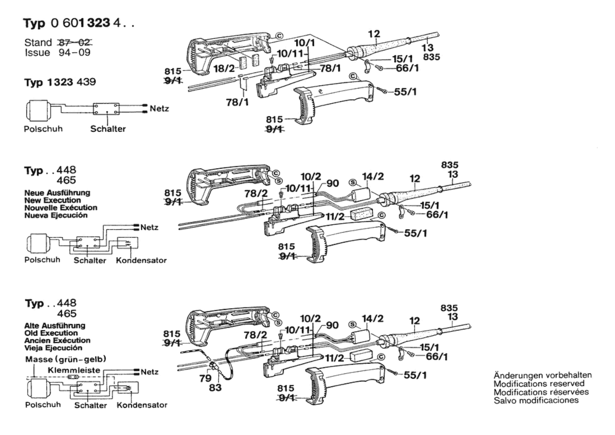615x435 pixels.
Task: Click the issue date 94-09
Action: [x=74, y=52]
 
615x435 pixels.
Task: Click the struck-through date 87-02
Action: [x=75, y=42]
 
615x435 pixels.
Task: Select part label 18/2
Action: [x=224, y=68]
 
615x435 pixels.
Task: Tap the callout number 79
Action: [x=206, y=378]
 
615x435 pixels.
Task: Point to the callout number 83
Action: [x=215, y=388]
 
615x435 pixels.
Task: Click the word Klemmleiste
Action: [x=74, y=370]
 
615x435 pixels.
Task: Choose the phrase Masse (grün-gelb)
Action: [x=66, y=359]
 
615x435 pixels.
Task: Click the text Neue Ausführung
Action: [x=57, y=193]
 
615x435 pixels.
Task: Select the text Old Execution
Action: [x=51, y=333]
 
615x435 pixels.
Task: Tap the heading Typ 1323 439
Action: [x=60, y=82]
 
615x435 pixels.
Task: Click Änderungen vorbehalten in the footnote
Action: [x=543, y=375]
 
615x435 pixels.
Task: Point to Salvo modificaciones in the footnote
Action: [x=536, y=400]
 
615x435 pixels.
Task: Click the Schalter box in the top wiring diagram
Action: [x=106, y=109]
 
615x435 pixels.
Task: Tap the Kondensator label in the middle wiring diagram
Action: [x=141, y=260]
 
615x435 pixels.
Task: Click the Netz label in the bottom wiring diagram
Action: [x=150, y=372]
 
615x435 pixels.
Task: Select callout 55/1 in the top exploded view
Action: [x=405, y=92]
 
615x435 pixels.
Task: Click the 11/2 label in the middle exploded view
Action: [x=335, y=217]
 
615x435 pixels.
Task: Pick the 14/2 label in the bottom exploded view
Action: [x=373, y=319]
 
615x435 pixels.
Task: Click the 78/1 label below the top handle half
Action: [x=237, y=102]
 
